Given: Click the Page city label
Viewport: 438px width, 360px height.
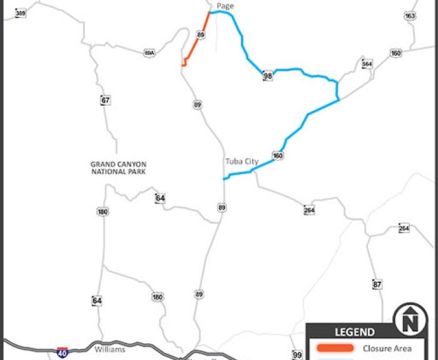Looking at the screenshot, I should (225, 6).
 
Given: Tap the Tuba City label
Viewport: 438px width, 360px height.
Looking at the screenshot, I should (242, 162).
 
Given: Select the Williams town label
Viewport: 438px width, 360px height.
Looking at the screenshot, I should (109, 349).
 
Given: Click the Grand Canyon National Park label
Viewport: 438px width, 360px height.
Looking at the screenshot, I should (118, 168).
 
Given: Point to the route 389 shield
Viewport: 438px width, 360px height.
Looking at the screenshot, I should (21, 13).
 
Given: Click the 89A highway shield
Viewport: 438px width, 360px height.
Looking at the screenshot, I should (149, 53).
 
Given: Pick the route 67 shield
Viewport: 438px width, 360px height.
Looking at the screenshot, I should (105, 100).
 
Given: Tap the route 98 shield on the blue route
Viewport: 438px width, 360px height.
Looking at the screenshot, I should (268, 76).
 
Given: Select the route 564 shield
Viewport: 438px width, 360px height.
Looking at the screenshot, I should (367, 64).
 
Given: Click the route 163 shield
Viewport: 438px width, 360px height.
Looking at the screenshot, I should (410, 16).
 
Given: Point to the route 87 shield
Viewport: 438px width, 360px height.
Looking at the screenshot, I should (377, 284).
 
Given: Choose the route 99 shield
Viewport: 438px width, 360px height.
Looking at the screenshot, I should (297, 355).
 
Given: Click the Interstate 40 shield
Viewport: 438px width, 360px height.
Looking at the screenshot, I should (62, 352).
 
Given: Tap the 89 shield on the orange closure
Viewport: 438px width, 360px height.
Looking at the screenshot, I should (200, 34).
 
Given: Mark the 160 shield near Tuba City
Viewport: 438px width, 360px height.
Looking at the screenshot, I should (278, 155).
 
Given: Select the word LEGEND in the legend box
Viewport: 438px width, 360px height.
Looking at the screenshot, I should (355, 332).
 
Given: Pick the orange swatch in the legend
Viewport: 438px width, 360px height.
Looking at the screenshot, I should (334, 348).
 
